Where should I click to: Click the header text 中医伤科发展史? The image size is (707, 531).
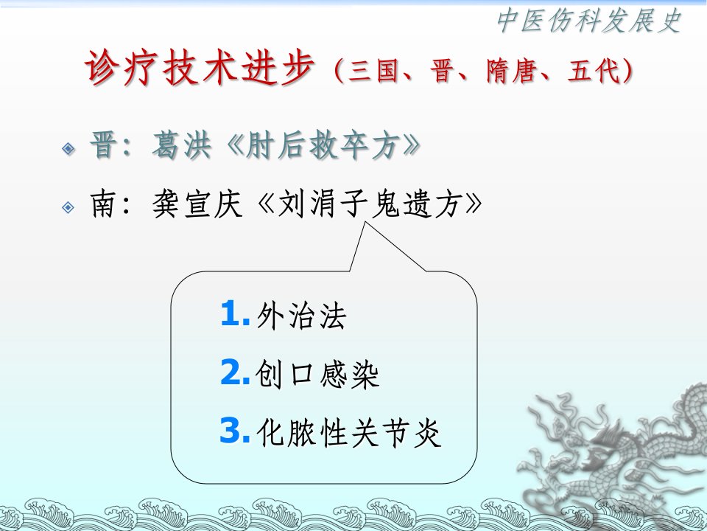click(x=589, y=21)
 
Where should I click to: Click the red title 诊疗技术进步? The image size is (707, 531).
click(x=199, y=68)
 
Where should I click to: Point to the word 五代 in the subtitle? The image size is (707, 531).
click(x=594, y=71)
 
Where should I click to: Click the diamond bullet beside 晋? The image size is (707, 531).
click(x=68, y=148)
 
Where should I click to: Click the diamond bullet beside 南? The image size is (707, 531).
click(x=68, y=207)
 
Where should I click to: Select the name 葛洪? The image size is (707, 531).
click(x=181, y=145)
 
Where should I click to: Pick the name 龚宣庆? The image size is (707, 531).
click(x=197, y=204)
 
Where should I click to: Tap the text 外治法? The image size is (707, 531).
click(x=301, y=315)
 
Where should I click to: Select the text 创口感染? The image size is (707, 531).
click(x=317, y=374)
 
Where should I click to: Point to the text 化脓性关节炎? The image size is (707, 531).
click(x=348, y=433)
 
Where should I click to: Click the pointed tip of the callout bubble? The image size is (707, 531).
click(x=365, y=222)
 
